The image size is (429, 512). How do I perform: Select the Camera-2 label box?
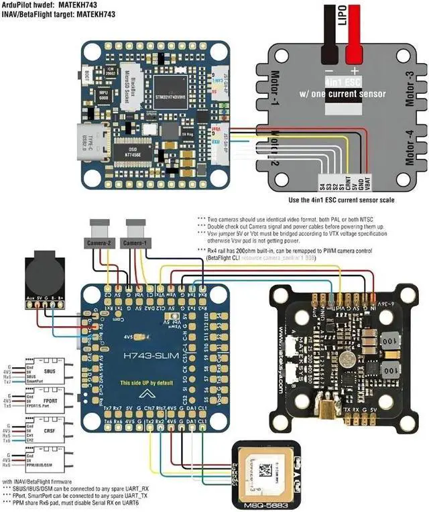tap(98, 242)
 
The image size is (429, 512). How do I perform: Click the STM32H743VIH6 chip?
tap(171, 86)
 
